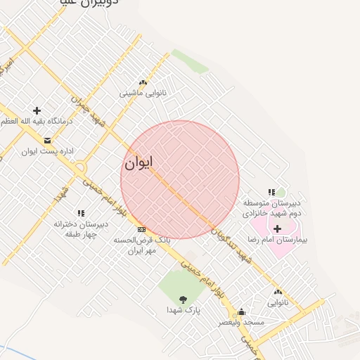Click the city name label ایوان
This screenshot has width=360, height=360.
pos(139,163)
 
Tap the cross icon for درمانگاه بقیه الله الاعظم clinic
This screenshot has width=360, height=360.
pos(37,110)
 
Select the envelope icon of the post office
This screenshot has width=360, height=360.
pos(47,141)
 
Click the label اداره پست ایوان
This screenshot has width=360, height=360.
pos(47,151)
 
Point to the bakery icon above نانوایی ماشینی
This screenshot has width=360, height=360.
pos(143,83)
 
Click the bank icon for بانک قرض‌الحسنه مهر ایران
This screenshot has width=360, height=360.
pos(141,229)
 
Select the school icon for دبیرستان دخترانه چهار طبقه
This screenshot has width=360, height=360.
pos(81,213)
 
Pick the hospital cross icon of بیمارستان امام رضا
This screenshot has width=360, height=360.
pos(277,229)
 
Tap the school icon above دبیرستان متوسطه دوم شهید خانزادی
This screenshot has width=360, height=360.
pos(271,192)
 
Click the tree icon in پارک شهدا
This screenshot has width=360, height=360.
pos(184,298)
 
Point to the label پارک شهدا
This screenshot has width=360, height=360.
pos(184,309)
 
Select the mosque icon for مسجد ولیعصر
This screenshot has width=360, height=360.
pos(242,311)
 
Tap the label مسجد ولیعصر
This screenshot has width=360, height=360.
pos(243,322)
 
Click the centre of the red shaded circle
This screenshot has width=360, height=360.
pos(180,180)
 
